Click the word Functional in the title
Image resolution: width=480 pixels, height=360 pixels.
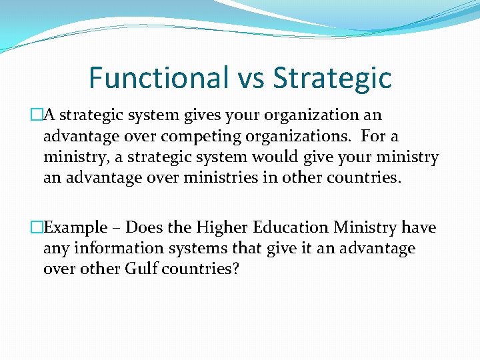tap(158, 77)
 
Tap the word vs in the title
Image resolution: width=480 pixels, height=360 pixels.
tap(251, 77)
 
